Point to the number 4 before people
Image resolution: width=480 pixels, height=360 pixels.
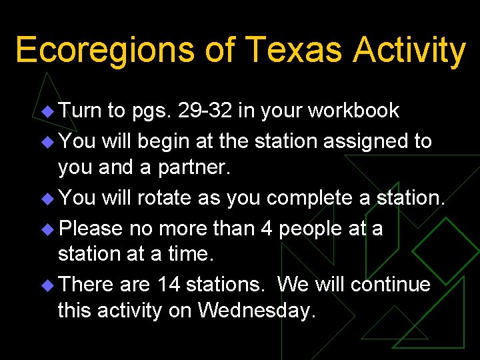(266, 229)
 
